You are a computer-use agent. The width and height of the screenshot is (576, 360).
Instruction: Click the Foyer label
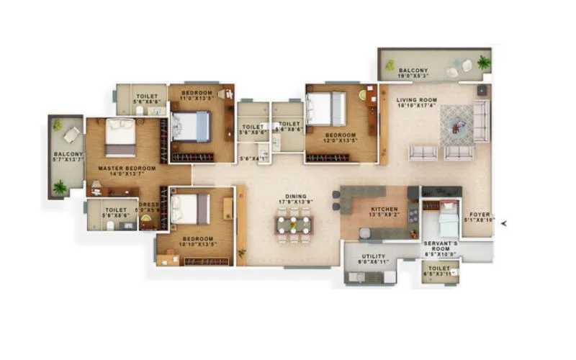tap(480, 214)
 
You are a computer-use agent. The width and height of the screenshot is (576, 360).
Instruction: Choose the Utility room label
tap(372, 256)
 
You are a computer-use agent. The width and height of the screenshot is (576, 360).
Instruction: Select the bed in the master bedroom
tap(120, 137)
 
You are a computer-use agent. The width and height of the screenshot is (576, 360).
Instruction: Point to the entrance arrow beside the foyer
tap(504, 223)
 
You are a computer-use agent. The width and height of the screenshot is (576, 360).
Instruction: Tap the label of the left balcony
tap(68, 154)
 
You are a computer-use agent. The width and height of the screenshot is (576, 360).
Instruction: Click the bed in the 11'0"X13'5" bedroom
tap(192, 126)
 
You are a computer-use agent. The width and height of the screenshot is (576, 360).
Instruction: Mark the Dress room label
tap(149, 204)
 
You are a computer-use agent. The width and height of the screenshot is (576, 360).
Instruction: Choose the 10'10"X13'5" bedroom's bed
tap(191, 208)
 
